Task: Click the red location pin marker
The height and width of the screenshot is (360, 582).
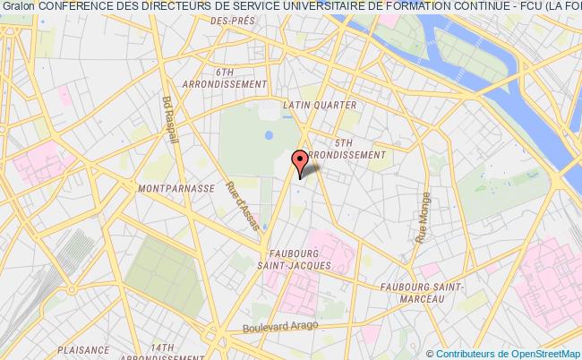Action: click(301, 160)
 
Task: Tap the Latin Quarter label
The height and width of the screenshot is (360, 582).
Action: click(319, 105)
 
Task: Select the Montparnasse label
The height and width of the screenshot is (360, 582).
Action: click(176, 189)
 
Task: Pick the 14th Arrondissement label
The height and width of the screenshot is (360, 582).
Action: click(162, 352)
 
